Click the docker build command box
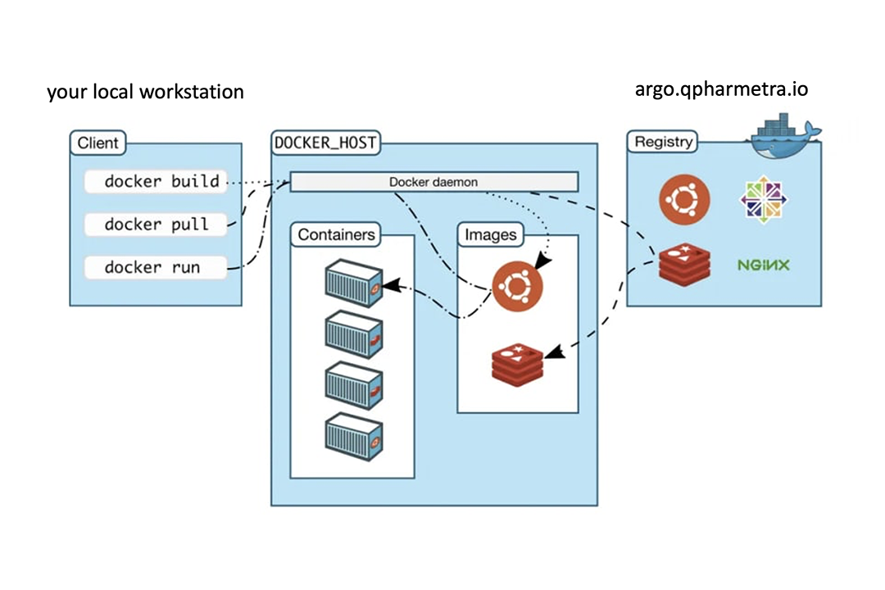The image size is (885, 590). click(x=156, y=181)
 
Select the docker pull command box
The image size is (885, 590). click(x=156, y=224)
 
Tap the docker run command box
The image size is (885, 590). click(x=156, y=267)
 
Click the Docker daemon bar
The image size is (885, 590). click(x=434, y=181)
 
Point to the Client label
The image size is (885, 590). click(x=98, y=143)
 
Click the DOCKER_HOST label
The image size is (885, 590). click(x=324, y=143)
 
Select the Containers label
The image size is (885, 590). click(x=336, y=235)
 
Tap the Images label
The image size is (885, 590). click(x=491, y=235)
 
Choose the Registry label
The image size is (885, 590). click(x=663, y=142)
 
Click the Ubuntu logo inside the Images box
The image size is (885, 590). click(x=517, y=287)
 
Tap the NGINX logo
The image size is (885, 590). click(x=763, y=265)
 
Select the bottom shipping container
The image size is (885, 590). click(x=353, y=438)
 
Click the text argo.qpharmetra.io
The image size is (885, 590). click(x=721, y=88)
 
